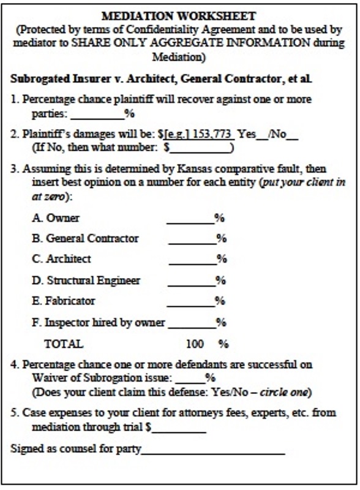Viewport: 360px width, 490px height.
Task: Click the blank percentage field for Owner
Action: [190, 219]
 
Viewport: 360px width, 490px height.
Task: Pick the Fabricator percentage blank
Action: [190, 302]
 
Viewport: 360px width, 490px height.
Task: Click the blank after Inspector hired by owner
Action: [192, 323]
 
